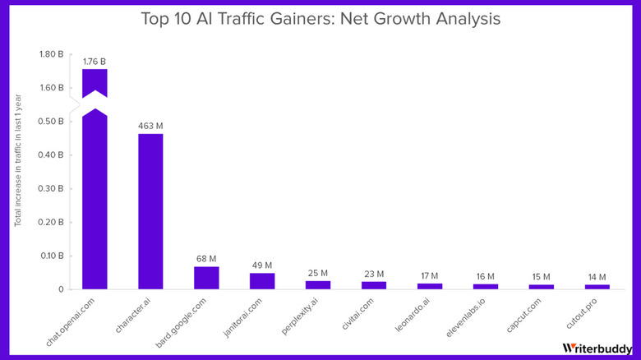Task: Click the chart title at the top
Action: (320, 17)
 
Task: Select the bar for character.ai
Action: (150, 211)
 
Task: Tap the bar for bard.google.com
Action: (206, 278)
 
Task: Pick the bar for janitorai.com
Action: (262, 280)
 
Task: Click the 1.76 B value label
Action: (95, 61)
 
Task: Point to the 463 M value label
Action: (150, 126)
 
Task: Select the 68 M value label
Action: (206, 259)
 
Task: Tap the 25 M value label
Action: (318, 273)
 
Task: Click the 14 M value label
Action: (597, 277)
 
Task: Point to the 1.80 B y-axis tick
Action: (51, 54)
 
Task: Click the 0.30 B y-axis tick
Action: (51, 189)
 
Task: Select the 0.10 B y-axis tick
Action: (51, 256)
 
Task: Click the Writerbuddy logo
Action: (597, 348)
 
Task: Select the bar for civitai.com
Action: (374, 285)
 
